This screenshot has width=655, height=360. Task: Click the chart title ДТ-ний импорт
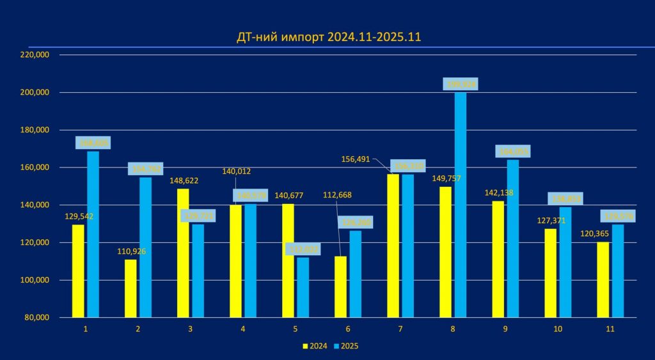(x=329, y=38)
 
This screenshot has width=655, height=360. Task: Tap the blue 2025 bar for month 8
(x=460, y=205)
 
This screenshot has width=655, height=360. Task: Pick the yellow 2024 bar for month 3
(x=183, y=253)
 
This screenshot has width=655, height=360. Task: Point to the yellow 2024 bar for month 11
(x=603, y=279)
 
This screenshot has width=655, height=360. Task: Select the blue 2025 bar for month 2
(x=146, y=247)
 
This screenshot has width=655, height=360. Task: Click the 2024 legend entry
(x=315, y=346)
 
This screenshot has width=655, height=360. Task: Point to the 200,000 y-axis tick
(x=36, y=92)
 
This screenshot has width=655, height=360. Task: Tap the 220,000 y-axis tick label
(x=36, y=55)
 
